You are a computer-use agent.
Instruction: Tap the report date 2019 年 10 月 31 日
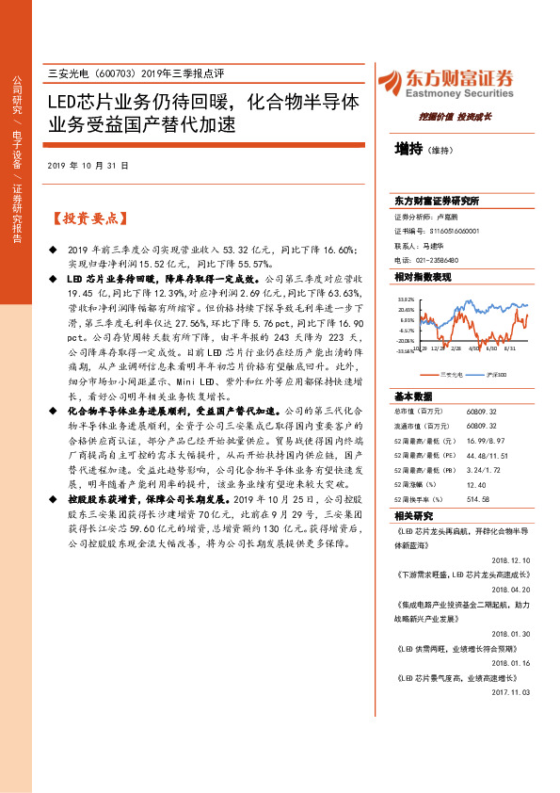coord(87,165)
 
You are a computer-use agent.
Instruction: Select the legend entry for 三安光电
coord(451,375)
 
